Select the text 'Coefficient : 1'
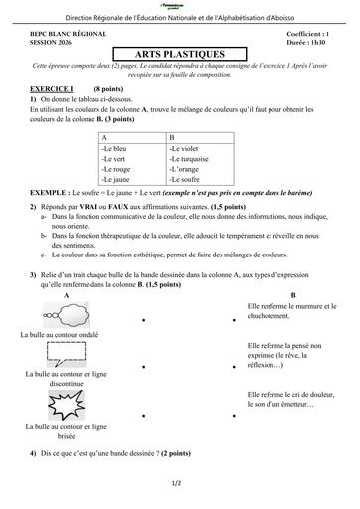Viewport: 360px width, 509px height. [x=306, y=34]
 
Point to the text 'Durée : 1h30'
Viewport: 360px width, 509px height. [x=309, y=43]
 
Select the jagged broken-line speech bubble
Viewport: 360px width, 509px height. [x=66, y=403]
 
